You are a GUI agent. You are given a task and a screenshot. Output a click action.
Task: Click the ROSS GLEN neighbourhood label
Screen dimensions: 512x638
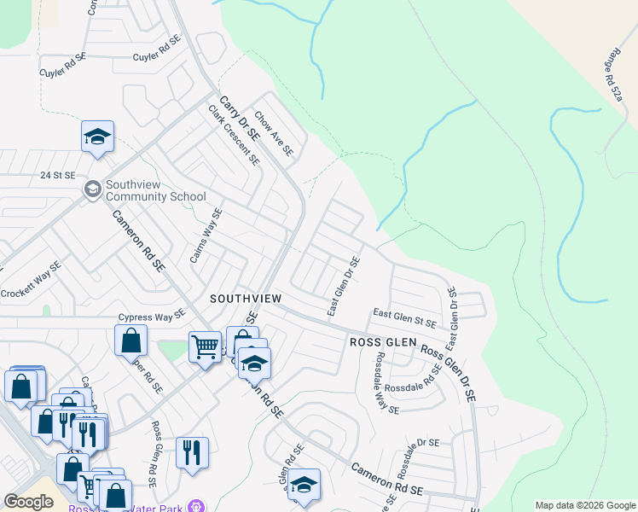pos(383,342)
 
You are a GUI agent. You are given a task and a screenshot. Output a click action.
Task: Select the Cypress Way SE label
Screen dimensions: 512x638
pos(152,316)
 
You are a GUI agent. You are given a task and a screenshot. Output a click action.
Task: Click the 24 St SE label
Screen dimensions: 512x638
pos(59,175)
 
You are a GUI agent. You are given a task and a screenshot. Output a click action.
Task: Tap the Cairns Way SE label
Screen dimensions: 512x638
pos(206,236)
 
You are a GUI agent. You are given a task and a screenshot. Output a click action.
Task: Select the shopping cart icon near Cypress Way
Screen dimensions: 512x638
pos(205,346)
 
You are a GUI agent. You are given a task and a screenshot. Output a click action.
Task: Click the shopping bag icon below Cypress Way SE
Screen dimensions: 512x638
pos(130,340)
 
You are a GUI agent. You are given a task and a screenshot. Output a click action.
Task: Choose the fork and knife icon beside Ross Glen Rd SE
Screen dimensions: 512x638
pos(192,451)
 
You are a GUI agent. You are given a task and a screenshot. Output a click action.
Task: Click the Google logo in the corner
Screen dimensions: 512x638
pos(29,502)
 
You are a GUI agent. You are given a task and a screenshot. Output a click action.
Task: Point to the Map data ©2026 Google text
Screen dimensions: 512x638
pos(584,505)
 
